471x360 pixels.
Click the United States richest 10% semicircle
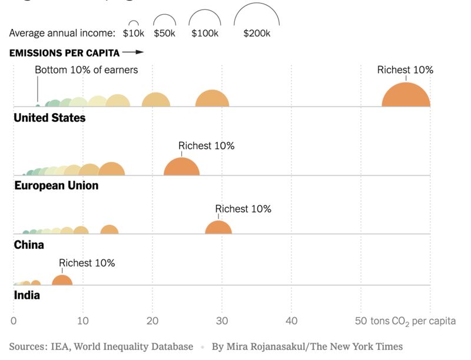point(406,96)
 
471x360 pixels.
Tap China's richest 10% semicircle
point(218,229)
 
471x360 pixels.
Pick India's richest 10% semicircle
point(62,281)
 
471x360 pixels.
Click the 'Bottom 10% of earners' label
point(86,70)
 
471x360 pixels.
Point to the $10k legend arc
point(134,23)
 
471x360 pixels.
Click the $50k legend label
point(164,34)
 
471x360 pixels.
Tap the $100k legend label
point(204,34)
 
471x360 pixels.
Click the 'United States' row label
point(49,118)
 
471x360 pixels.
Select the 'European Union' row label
point(56,186)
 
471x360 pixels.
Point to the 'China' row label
point(29,245)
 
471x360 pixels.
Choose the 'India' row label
point(27,295)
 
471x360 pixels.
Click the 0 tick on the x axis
point(14,321)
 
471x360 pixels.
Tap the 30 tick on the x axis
point(222,321)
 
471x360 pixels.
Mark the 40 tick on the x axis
point(291,321)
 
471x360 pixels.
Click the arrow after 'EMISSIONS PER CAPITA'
point(133,53)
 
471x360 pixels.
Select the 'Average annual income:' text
point(62,34)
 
